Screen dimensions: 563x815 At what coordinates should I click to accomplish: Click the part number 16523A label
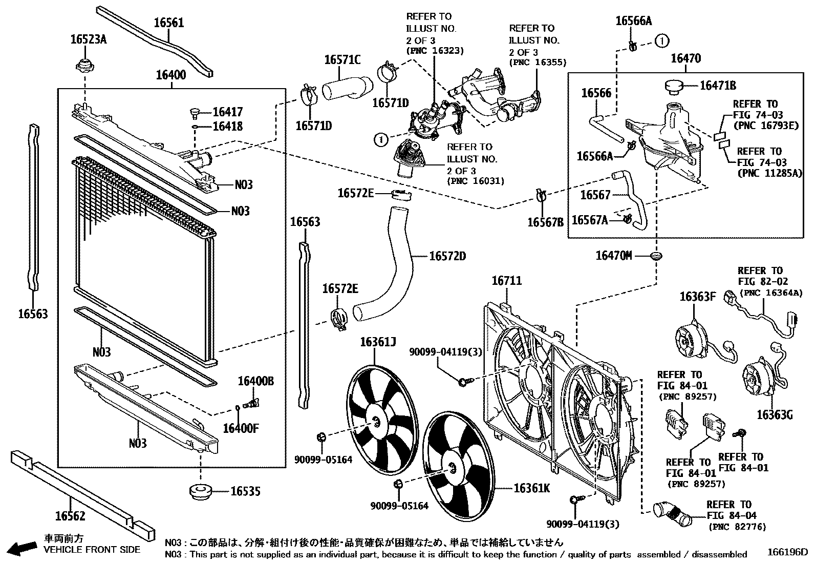[88, 39]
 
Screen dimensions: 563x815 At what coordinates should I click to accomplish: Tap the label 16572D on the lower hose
[447, 256]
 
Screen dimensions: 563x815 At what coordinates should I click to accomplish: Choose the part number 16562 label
[70, 515]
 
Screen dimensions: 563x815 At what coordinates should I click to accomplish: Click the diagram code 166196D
[787, 553]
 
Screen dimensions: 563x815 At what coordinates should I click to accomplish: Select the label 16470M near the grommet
[614, 255]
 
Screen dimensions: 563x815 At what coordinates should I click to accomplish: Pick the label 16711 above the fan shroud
[506, 281]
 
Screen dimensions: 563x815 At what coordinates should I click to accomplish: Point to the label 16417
[227, 112]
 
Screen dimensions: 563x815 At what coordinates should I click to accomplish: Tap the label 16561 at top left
[168, 23]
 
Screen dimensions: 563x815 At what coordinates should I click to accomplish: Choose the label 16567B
[545, 222]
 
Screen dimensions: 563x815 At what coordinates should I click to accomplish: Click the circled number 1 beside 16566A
[662, 40]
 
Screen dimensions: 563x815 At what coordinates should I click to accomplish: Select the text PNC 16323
[435, 51]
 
